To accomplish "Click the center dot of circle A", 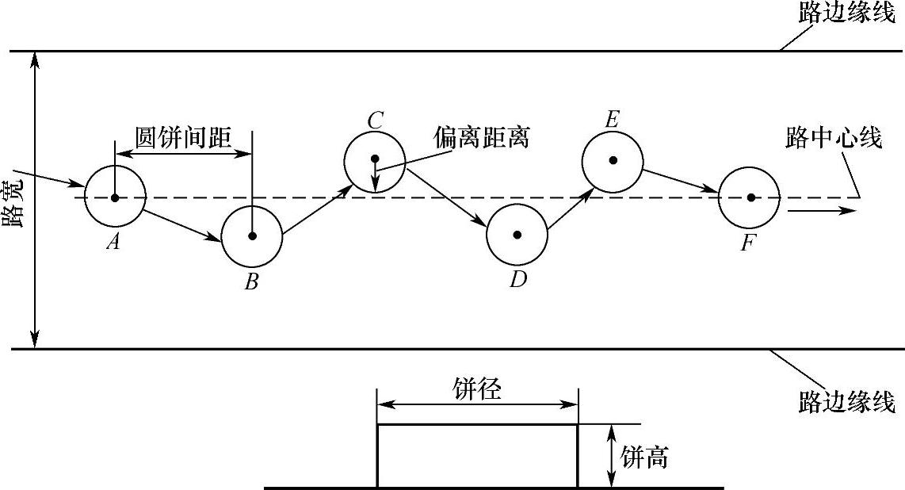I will point(115,197).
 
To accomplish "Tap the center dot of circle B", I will point(252,235).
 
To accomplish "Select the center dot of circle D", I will point(517,235).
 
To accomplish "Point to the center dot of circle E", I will point(613,160).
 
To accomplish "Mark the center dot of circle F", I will point(750,197).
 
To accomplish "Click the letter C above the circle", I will point(376,121).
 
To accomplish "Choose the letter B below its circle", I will point(251,281).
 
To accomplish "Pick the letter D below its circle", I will point(518,279).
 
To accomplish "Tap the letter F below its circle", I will point(748,243).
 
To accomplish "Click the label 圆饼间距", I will point(184,138).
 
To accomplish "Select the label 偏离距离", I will point(481,137).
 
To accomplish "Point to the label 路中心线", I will point(834,138).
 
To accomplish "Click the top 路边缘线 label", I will point(846,15).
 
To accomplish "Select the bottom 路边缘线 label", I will point(846,402).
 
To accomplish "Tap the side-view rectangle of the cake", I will point(477,456).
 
